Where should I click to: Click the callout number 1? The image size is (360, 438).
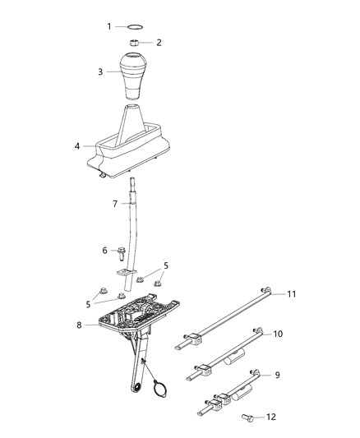tap(108, 26)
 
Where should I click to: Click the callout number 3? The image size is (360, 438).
tap(101, 72)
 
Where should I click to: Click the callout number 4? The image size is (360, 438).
tap(77, 147)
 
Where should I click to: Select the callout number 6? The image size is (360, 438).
tap(104, 251)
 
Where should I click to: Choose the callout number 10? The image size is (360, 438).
tap(278, 334)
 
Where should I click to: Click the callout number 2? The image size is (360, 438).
tap(159, 42)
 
